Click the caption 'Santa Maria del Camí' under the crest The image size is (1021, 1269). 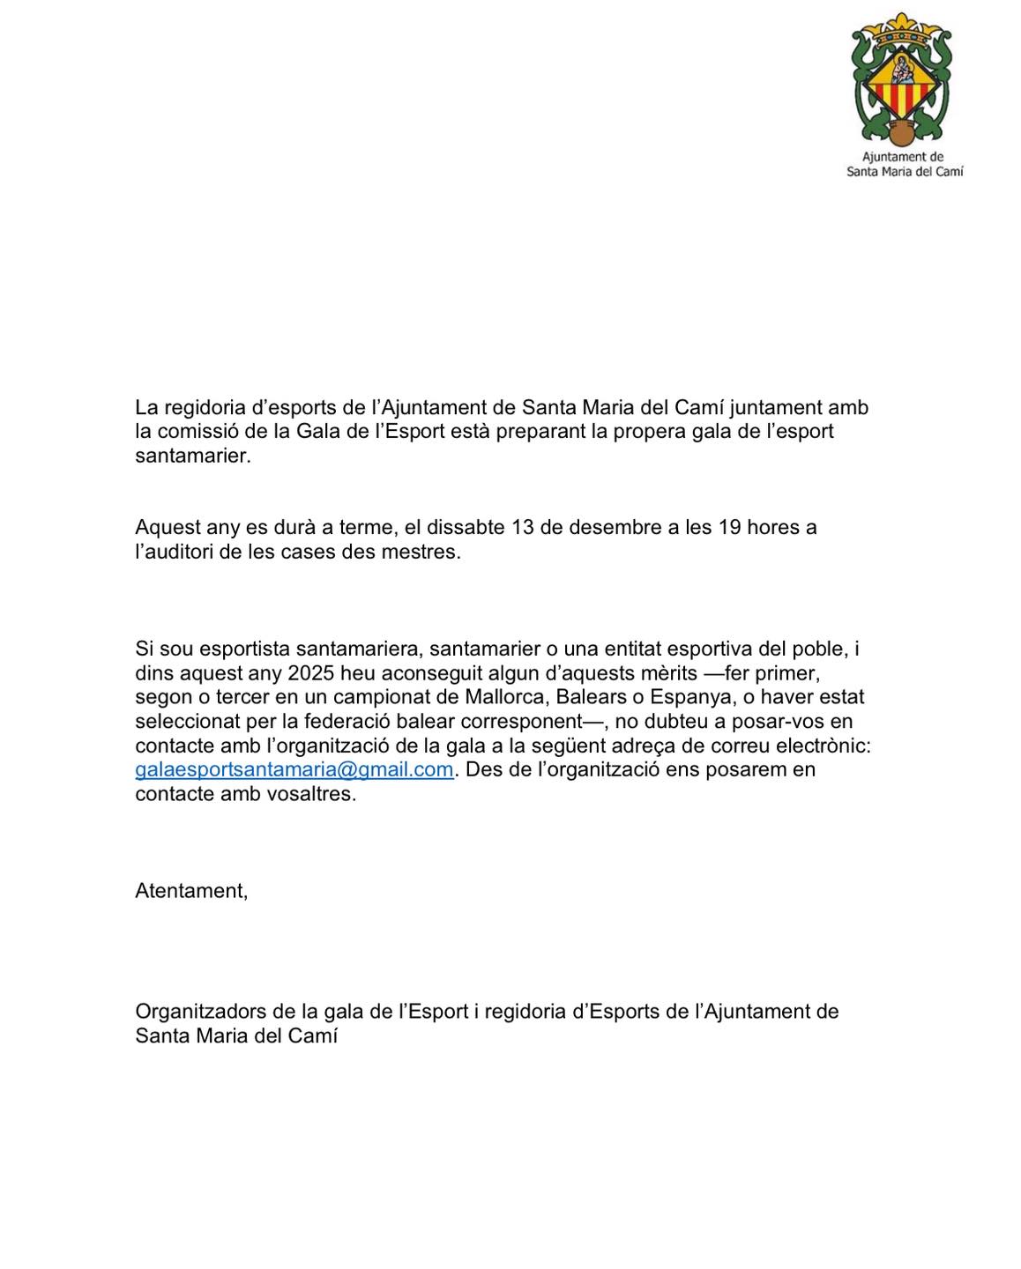click(905, 172)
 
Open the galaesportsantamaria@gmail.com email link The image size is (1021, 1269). click(294, 769)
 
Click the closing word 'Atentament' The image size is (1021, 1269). click(191, 891)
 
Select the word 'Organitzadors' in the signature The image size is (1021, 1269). click(199, 1012)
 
